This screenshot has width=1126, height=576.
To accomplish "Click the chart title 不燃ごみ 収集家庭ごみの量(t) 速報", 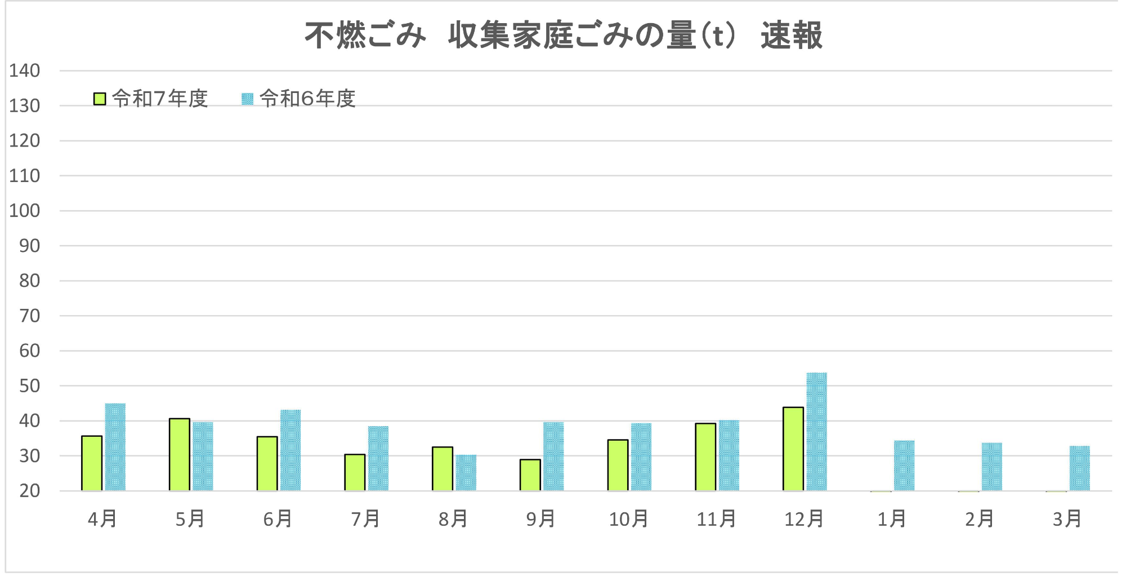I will pos(563,35).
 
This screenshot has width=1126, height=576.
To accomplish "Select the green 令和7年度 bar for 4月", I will pos(92,463).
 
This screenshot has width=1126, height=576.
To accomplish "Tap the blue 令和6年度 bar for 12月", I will pos(816,431).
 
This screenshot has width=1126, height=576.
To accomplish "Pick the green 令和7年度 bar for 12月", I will pos(793,449).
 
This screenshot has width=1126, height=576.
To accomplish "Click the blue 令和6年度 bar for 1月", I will pos(904,466).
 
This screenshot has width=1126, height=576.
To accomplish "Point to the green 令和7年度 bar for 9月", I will pos(530,475).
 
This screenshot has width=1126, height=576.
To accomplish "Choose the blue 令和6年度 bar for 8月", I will pos(466,472).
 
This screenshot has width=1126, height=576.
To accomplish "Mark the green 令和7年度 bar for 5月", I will pos(180,454).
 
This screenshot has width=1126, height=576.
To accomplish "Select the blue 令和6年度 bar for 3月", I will pos(1079,468).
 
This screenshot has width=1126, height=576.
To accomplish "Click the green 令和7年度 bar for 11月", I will pos(705,457).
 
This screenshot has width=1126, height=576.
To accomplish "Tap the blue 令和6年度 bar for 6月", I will pos(291,450).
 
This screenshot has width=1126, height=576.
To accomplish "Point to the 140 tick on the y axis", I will pos(25,71).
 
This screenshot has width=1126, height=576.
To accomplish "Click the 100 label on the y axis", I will pos(25,211).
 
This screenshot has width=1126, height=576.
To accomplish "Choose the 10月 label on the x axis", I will pos(628,519).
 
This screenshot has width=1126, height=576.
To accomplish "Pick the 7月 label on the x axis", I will pos(365,519).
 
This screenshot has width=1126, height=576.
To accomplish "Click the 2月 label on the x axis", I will pos(980,519).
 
